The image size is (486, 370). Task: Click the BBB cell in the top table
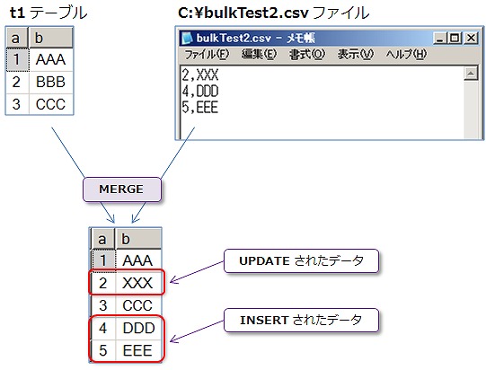[x=50, y=82]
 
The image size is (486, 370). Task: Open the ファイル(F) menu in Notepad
[x=207, y=55]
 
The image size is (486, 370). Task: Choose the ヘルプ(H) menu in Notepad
[x=407, y=55]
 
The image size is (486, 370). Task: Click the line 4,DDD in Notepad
[x=199, y=92]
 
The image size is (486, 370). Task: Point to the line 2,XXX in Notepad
[x=199, y=75]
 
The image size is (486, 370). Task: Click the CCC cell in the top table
[x=50, y=103]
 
